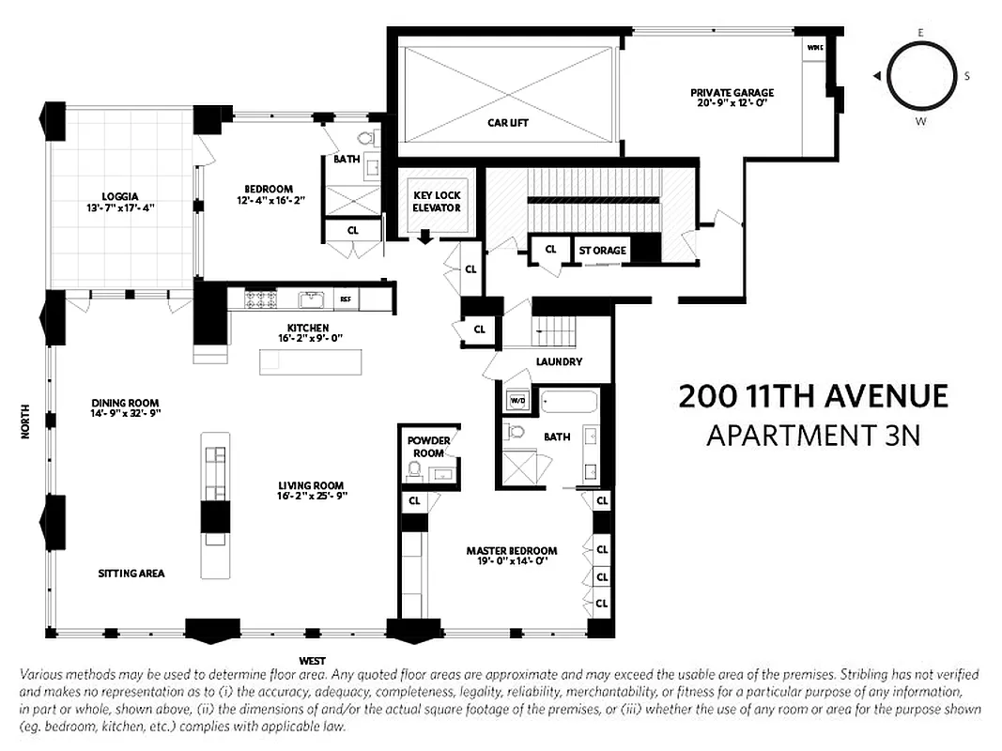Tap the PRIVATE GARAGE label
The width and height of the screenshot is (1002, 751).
click(732, 92)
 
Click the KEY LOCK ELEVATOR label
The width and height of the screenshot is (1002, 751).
click(438, 201)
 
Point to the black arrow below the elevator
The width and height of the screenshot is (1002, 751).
click(425, 237)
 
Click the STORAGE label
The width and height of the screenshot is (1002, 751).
click(602, 251)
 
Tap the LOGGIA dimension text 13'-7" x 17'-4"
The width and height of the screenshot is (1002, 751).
click(117, 207)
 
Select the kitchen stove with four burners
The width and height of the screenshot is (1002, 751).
click(260, 299)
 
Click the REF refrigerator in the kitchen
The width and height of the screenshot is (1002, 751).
click(346, 299)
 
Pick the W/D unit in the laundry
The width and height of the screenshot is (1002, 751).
click(516, 401)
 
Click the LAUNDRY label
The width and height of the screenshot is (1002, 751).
click(559, 361)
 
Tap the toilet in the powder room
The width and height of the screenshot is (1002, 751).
click(415, 469)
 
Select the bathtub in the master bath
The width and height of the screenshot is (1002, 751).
click(569, 404)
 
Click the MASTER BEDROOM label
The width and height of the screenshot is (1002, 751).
click(512, 551)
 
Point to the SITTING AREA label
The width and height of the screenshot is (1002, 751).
click(131, 573)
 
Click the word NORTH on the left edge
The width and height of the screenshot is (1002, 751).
click(25, 421)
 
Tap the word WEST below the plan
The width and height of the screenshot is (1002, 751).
click(313, 661)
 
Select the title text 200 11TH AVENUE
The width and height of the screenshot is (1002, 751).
click(813, 397)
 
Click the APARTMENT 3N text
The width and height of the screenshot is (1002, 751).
click(813, 436)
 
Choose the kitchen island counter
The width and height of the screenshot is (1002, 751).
click(310, 361)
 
